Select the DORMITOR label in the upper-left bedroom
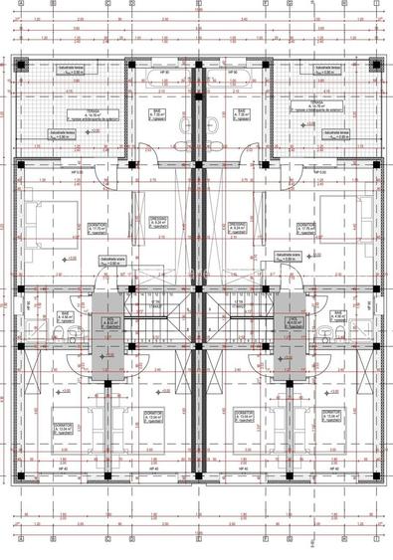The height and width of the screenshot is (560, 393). coord(96,225)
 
